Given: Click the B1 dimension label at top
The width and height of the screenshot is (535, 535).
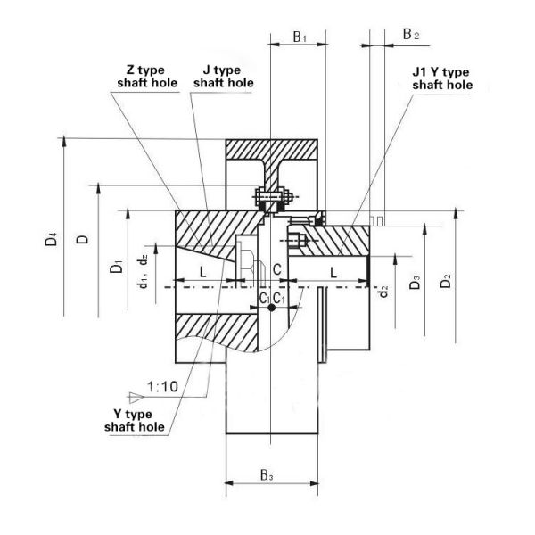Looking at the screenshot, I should [300, 37].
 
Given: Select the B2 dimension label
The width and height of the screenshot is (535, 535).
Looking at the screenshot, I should [410, 35].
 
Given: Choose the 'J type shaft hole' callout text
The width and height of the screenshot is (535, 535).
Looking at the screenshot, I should [224, 77].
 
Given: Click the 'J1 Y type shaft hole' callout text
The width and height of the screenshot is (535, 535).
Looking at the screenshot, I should [441, 78].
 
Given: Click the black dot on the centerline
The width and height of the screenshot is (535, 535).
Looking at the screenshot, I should [271, 308].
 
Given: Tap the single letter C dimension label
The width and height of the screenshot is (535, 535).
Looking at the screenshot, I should [277, 269].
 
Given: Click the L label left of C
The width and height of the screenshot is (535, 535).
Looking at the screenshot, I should [203, 270].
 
